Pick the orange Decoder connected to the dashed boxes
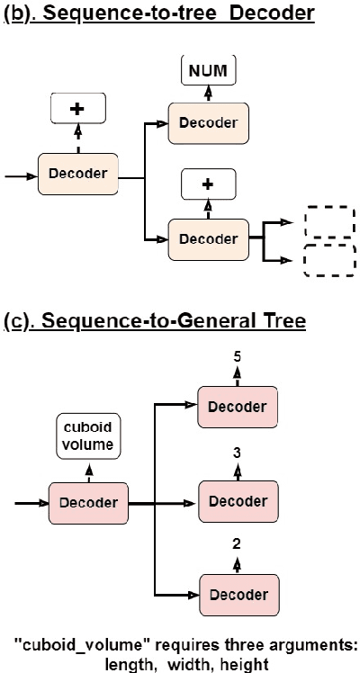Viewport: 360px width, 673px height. [x=209, y=238]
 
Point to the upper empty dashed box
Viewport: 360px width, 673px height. [x=329, y=221]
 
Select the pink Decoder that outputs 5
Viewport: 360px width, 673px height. [x=237, y=406]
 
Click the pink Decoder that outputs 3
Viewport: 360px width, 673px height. [x=237, y=501]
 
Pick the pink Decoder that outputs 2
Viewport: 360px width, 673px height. [x=237, y=595]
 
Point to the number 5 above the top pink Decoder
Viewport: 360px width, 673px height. [x=237, y=356]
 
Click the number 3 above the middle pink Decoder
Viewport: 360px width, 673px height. [x=237, y=452]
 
